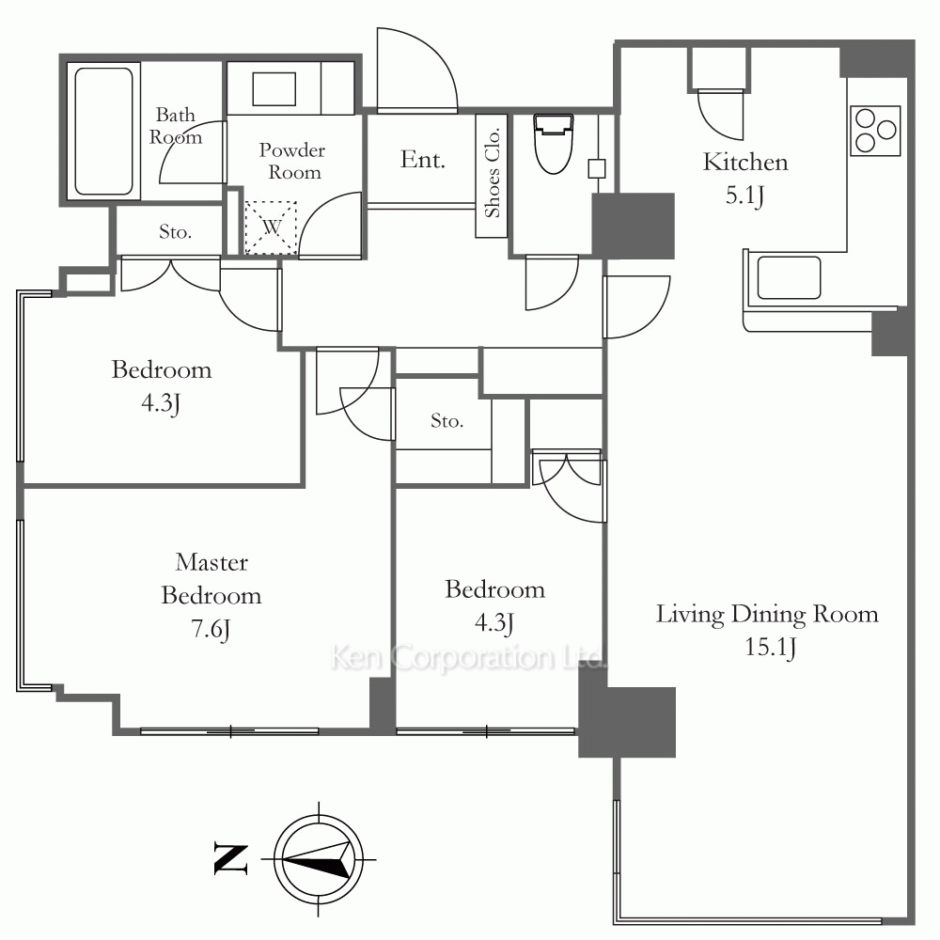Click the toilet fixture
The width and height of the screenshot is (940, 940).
click(x=553, y=144)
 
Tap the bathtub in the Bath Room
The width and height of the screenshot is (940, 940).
click(x=103, y=132)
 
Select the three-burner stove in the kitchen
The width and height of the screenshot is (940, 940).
click(x=875, y=131)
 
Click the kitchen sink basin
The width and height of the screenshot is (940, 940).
click(x=789, y=277)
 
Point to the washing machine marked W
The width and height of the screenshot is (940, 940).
click(x=271, y=227)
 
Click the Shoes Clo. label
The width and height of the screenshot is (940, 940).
click(x=493, y=173)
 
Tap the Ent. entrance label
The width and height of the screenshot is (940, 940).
click(x=423, y=160)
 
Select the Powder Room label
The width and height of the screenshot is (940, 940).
click(x=292, y=161)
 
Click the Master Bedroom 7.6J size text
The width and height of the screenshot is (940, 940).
click(x=211, y=630)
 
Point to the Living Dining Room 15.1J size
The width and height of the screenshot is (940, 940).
click(x=771, y=648)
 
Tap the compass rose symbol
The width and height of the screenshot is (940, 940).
click(x=319, y=859)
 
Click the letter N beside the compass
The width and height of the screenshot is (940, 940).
click(x=231, y=860)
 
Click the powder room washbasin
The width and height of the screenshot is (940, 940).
click(x=274, y=88)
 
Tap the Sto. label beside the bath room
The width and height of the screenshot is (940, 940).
click(x=175, y=231)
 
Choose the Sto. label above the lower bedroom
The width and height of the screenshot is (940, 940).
click(x=446, y=421)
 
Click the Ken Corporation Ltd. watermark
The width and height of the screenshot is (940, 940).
click(x=467, y=658)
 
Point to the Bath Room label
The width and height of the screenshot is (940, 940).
click(x=175, y=126)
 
